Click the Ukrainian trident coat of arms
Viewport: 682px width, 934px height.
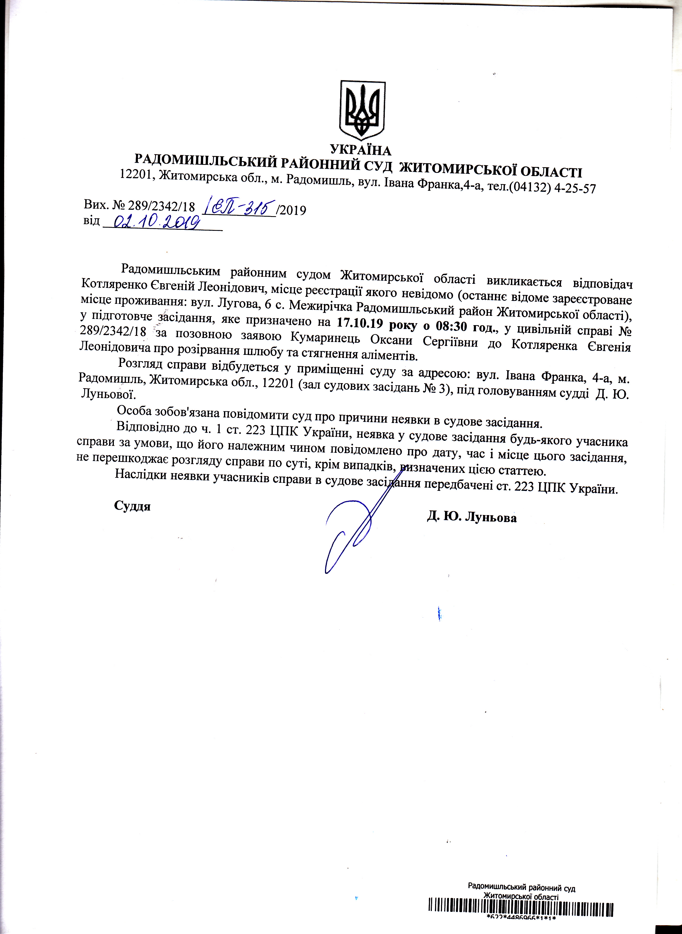coord(362,110)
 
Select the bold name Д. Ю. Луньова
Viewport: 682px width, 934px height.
coord(472,517)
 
